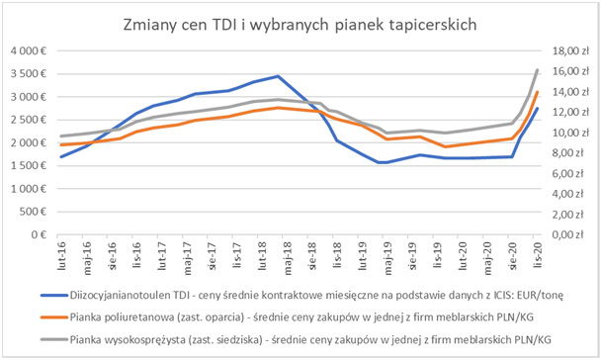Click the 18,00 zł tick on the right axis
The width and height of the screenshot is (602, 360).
click(x=567, y=50)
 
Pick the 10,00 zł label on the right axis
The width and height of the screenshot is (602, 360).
click(x=567, y=133)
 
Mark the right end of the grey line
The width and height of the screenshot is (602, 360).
click(x=537, y=70)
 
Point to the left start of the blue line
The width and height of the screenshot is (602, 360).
click(x=61, y=156)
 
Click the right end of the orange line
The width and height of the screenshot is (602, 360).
click(x=537, y=92)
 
